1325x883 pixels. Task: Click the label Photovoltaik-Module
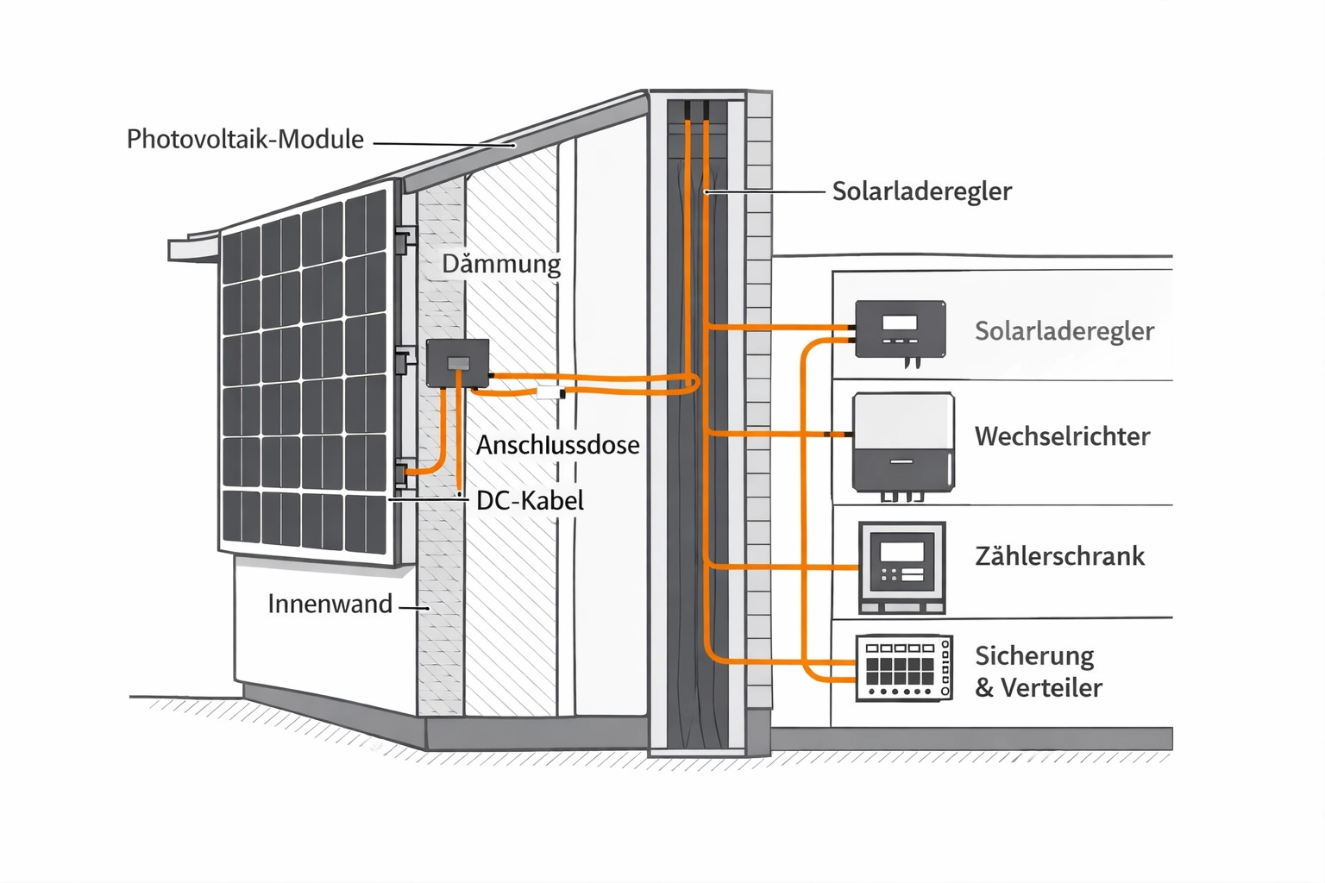[x=245, y=140]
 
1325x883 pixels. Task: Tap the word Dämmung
[x=501, y=264]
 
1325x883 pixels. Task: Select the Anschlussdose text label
[x=557, y=445]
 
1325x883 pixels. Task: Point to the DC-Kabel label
[x=530, y=500]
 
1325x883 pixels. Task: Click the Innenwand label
[x=330, y=604]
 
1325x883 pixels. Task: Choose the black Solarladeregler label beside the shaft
[x=921, y=191]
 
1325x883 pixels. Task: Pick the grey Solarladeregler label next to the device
[x=1064, y=331]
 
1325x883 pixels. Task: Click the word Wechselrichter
[x=1062, y=436]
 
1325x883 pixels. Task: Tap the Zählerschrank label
[x=1059, y=556]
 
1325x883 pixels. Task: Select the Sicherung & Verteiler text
[x=1038, y=672]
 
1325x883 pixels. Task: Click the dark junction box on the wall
[x=457, y=363]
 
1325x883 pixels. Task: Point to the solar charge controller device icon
[x=900, y=329]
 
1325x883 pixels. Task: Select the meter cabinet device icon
[x=902, y=567]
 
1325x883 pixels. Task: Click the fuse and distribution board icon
[x=904, y=667]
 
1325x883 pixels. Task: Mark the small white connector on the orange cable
[x=549, y=393]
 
